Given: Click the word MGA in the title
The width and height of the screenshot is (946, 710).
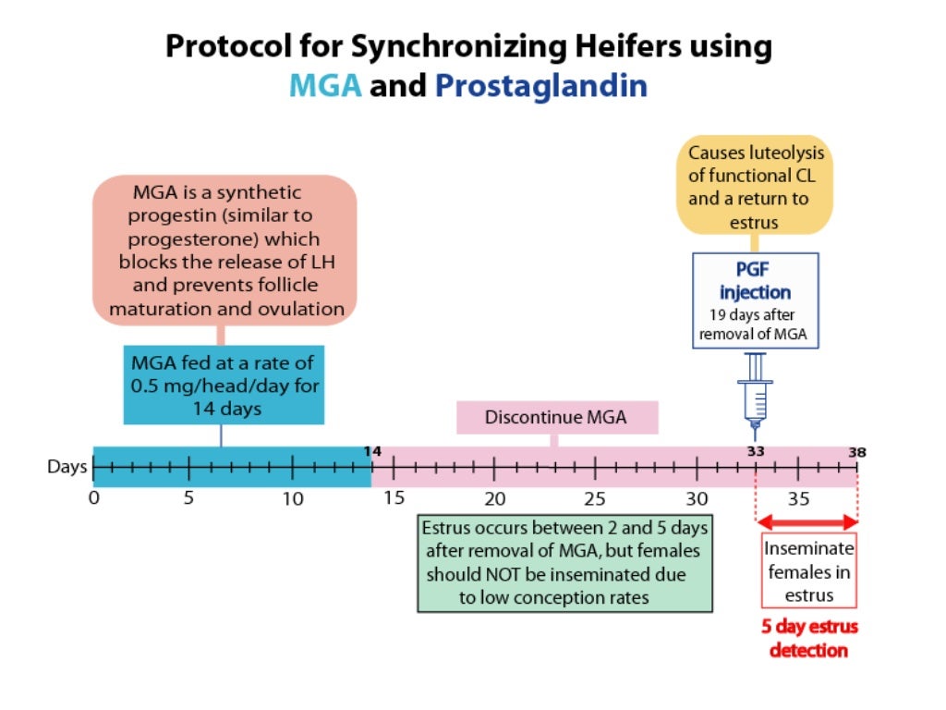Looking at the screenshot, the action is click(325, 85).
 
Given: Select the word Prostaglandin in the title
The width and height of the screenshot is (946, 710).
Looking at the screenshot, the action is click(541, 86).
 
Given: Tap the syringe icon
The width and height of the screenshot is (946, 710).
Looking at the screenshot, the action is click(755, 396).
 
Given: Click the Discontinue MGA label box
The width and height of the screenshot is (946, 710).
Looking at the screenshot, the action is click(557, 417).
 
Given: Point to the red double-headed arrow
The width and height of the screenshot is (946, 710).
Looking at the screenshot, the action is click(807, 522).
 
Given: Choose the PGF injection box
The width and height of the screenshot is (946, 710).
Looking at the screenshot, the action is click(756, 300).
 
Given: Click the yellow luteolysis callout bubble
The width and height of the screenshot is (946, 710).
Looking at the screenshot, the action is click(755, 185).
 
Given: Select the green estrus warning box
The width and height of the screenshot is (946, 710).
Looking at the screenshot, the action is click(564, 563).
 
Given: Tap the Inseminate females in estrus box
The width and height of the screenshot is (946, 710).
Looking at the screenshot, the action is click(809, 570).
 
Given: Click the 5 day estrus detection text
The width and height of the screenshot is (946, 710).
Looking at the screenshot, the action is click(809, 638).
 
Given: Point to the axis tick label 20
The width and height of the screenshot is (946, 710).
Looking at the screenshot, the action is click(495, 498).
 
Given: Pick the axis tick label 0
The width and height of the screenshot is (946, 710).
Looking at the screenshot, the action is click(94, 498).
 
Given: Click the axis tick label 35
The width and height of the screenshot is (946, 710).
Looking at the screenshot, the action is click(798, 498).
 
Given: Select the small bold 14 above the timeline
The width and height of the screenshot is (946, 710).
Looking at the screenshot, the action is click(372, 451).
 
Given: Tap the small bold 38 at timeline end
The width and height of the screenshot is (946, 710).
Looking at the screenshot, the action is click(857, 452).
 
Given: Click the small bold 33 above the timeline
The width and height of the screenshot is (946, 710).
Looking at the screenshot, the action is click(756, 451).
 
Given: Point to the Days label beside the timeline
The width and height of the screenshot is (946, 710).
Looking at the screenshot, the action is click(67, 467).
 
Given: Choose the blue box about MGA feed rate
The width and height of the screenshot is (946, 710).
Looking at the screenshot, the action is click(224, 386).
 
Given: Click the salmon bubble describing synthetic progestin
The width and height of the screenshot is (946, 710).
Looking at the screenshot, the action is click(224, 251).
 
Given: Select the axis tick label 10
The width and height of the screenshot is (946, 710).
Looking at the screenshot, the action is click(293, 498).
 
